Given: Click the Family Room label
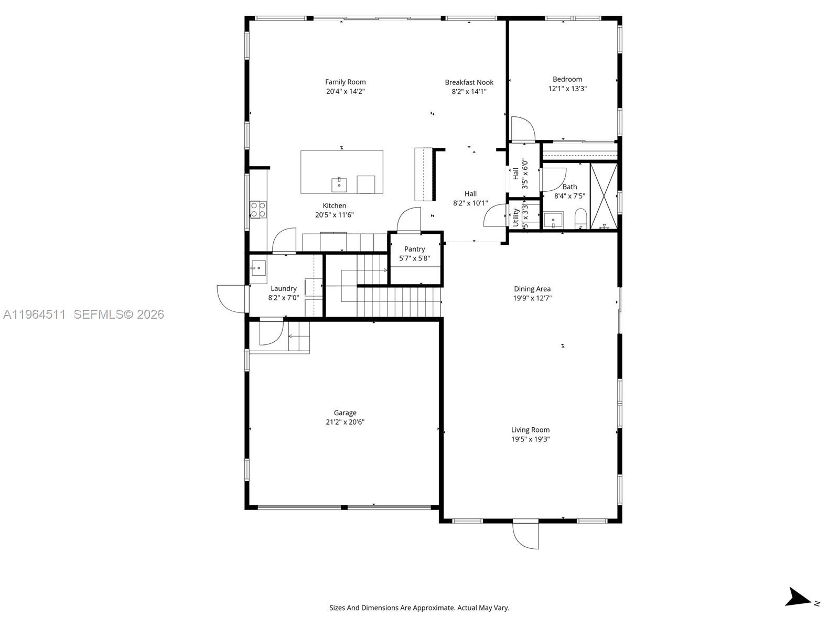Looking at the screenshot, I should [x=345, y=82].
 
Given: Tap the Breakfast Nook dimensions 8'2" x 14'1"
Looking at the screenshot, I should [x=469, y=92].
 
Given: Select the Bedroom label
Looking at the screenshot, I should [x=567, y=79].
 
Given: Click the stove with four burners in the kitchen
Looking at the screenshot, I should [x=257, y=210].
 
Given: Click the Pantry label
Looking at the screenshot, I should [x=414, y=249].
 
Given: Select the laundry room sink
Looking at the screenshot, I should [x=258, y=268].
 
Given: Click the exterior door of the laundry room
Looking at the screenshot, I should [x=231, y=299].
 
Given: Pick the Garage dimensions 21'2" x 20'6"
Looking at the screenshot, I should [x=345, y=422].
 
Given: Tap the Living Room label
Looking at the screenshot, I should [x=530, y=430].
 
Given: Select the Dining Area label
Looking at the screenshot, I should [x=532, y=289].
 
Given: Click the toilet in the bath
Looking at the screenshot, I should [x=580, y=218].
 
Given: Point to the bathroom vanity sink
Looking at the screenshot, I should [x=553, y=220].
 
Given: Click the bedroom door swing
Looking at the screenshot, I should [x=522, y=129].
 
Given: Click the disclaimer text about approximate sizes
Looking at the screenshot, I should [x=419, y=608].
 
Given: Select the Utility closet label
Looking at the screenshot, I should [x=515, y=216].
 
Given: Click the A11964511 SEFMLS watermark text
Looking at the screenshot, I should [x=84, y=314].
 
